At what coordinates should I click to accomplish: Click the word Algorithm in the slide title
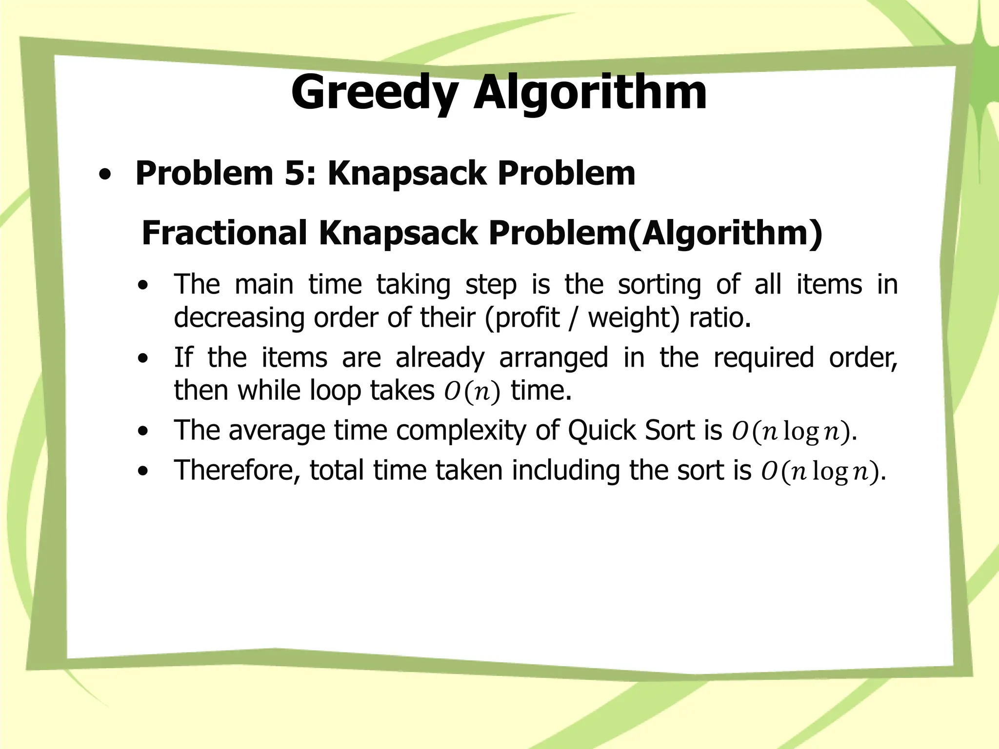(590, 93)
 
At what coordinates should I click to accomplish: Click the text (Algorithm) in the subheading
(725, 233)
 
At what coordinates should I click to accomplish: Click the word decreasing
(238, 317)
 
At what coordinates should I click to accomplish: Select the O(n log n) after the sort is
(820, 472)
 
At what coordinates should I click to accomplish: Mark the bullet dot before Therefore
(143, 472)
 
